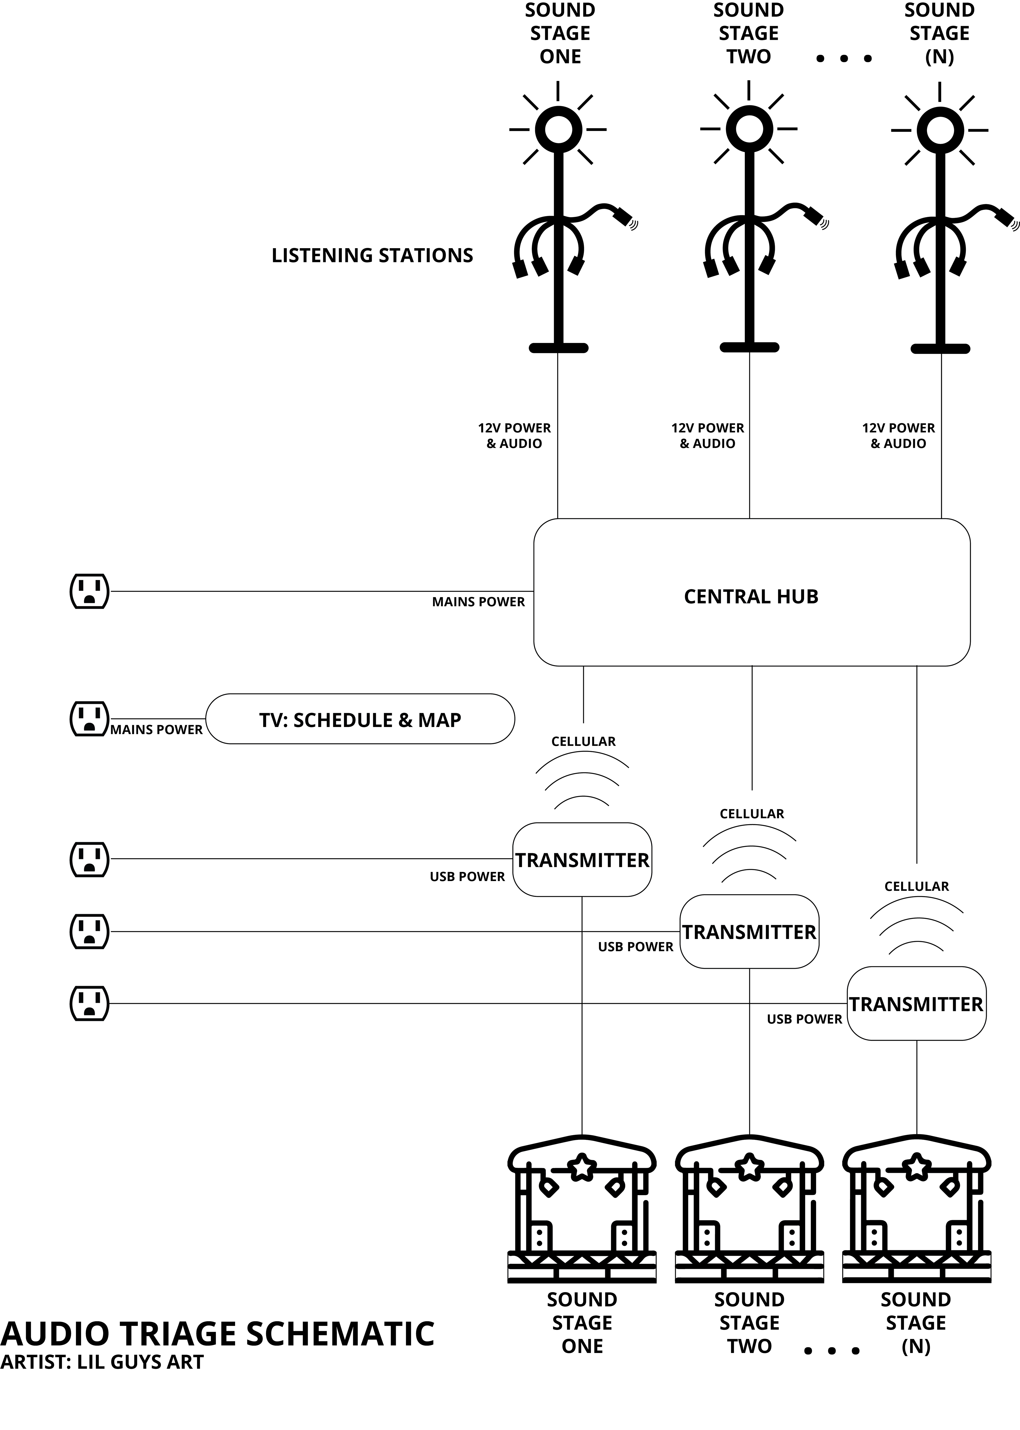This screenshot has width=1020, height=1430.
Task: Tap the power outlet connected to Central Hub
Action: coord(89,591)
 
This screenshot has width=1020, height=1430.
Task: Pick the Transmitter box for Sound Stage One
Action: coord(582,860)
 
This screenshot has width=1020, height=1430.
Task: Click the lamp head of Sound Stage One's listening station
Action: coord(558,130)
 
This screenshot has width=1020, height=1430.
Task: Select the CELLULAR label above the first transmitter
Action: coord(584,741)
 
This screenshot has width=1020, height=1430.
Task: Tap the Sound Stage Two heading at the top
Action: coord(749,33)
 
